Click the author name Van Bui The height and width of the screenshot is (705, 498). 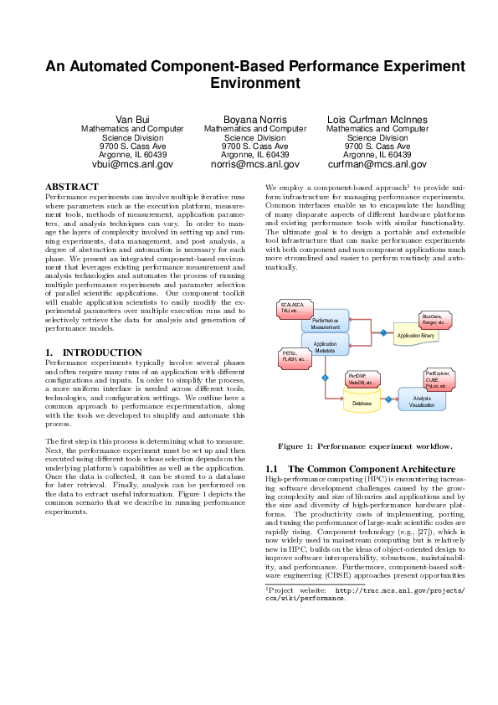(131, 119)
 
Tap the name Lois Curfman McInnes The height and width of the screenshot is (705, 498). (377, 119)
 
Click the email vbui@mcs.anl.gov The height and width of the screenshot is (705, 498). (132, 165)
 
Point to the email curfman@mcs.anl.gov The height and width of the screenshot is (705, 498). (377, 165)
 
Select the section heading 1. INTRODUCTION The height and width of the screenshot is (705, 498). (94, 352)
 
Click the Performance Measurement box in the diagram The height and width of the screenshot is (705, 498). (325, 323)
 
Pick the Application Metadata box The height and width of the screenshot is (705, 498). (325, 346)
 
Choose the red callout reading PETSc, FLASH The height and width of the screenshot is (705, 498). (295, 358)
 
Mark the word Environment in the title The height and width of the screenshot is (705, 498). (249, 84)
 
